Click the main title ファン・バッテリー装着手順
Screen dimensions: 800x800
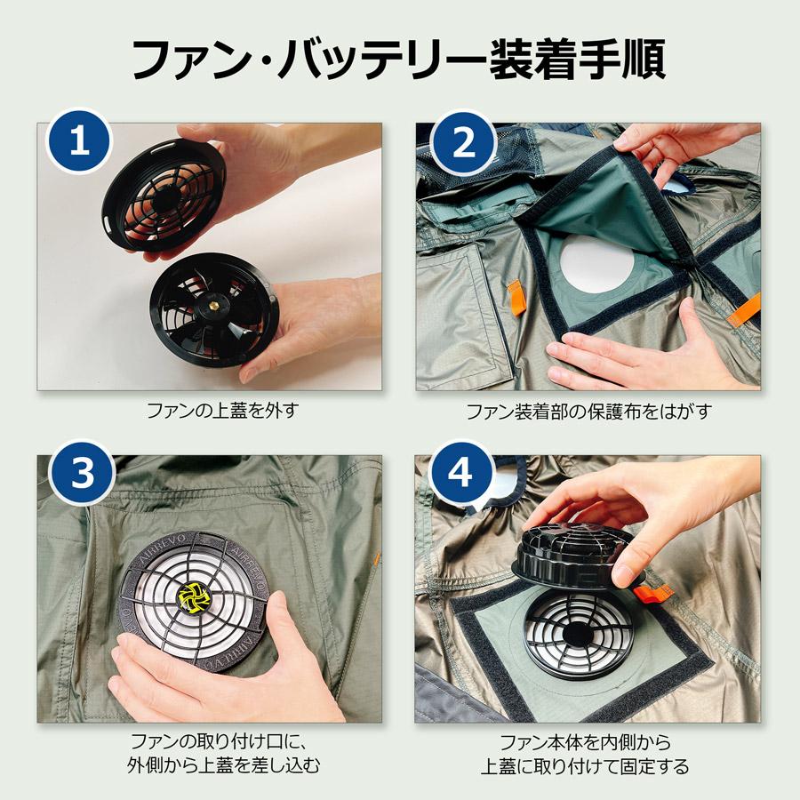click(x=399, y=59)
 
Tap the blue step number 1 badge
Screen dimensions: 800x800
click(x=80, y=143)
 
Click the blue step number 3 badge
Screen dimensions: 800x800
click(x=80, y=476)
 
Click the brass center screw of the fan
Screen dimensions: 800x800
click(x=212, y=306)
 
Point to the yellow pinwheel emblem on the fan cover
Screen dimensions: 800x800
click(x=193, y=598)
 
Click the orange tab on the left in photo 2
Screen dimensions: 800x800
click(x=515, y=296)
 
